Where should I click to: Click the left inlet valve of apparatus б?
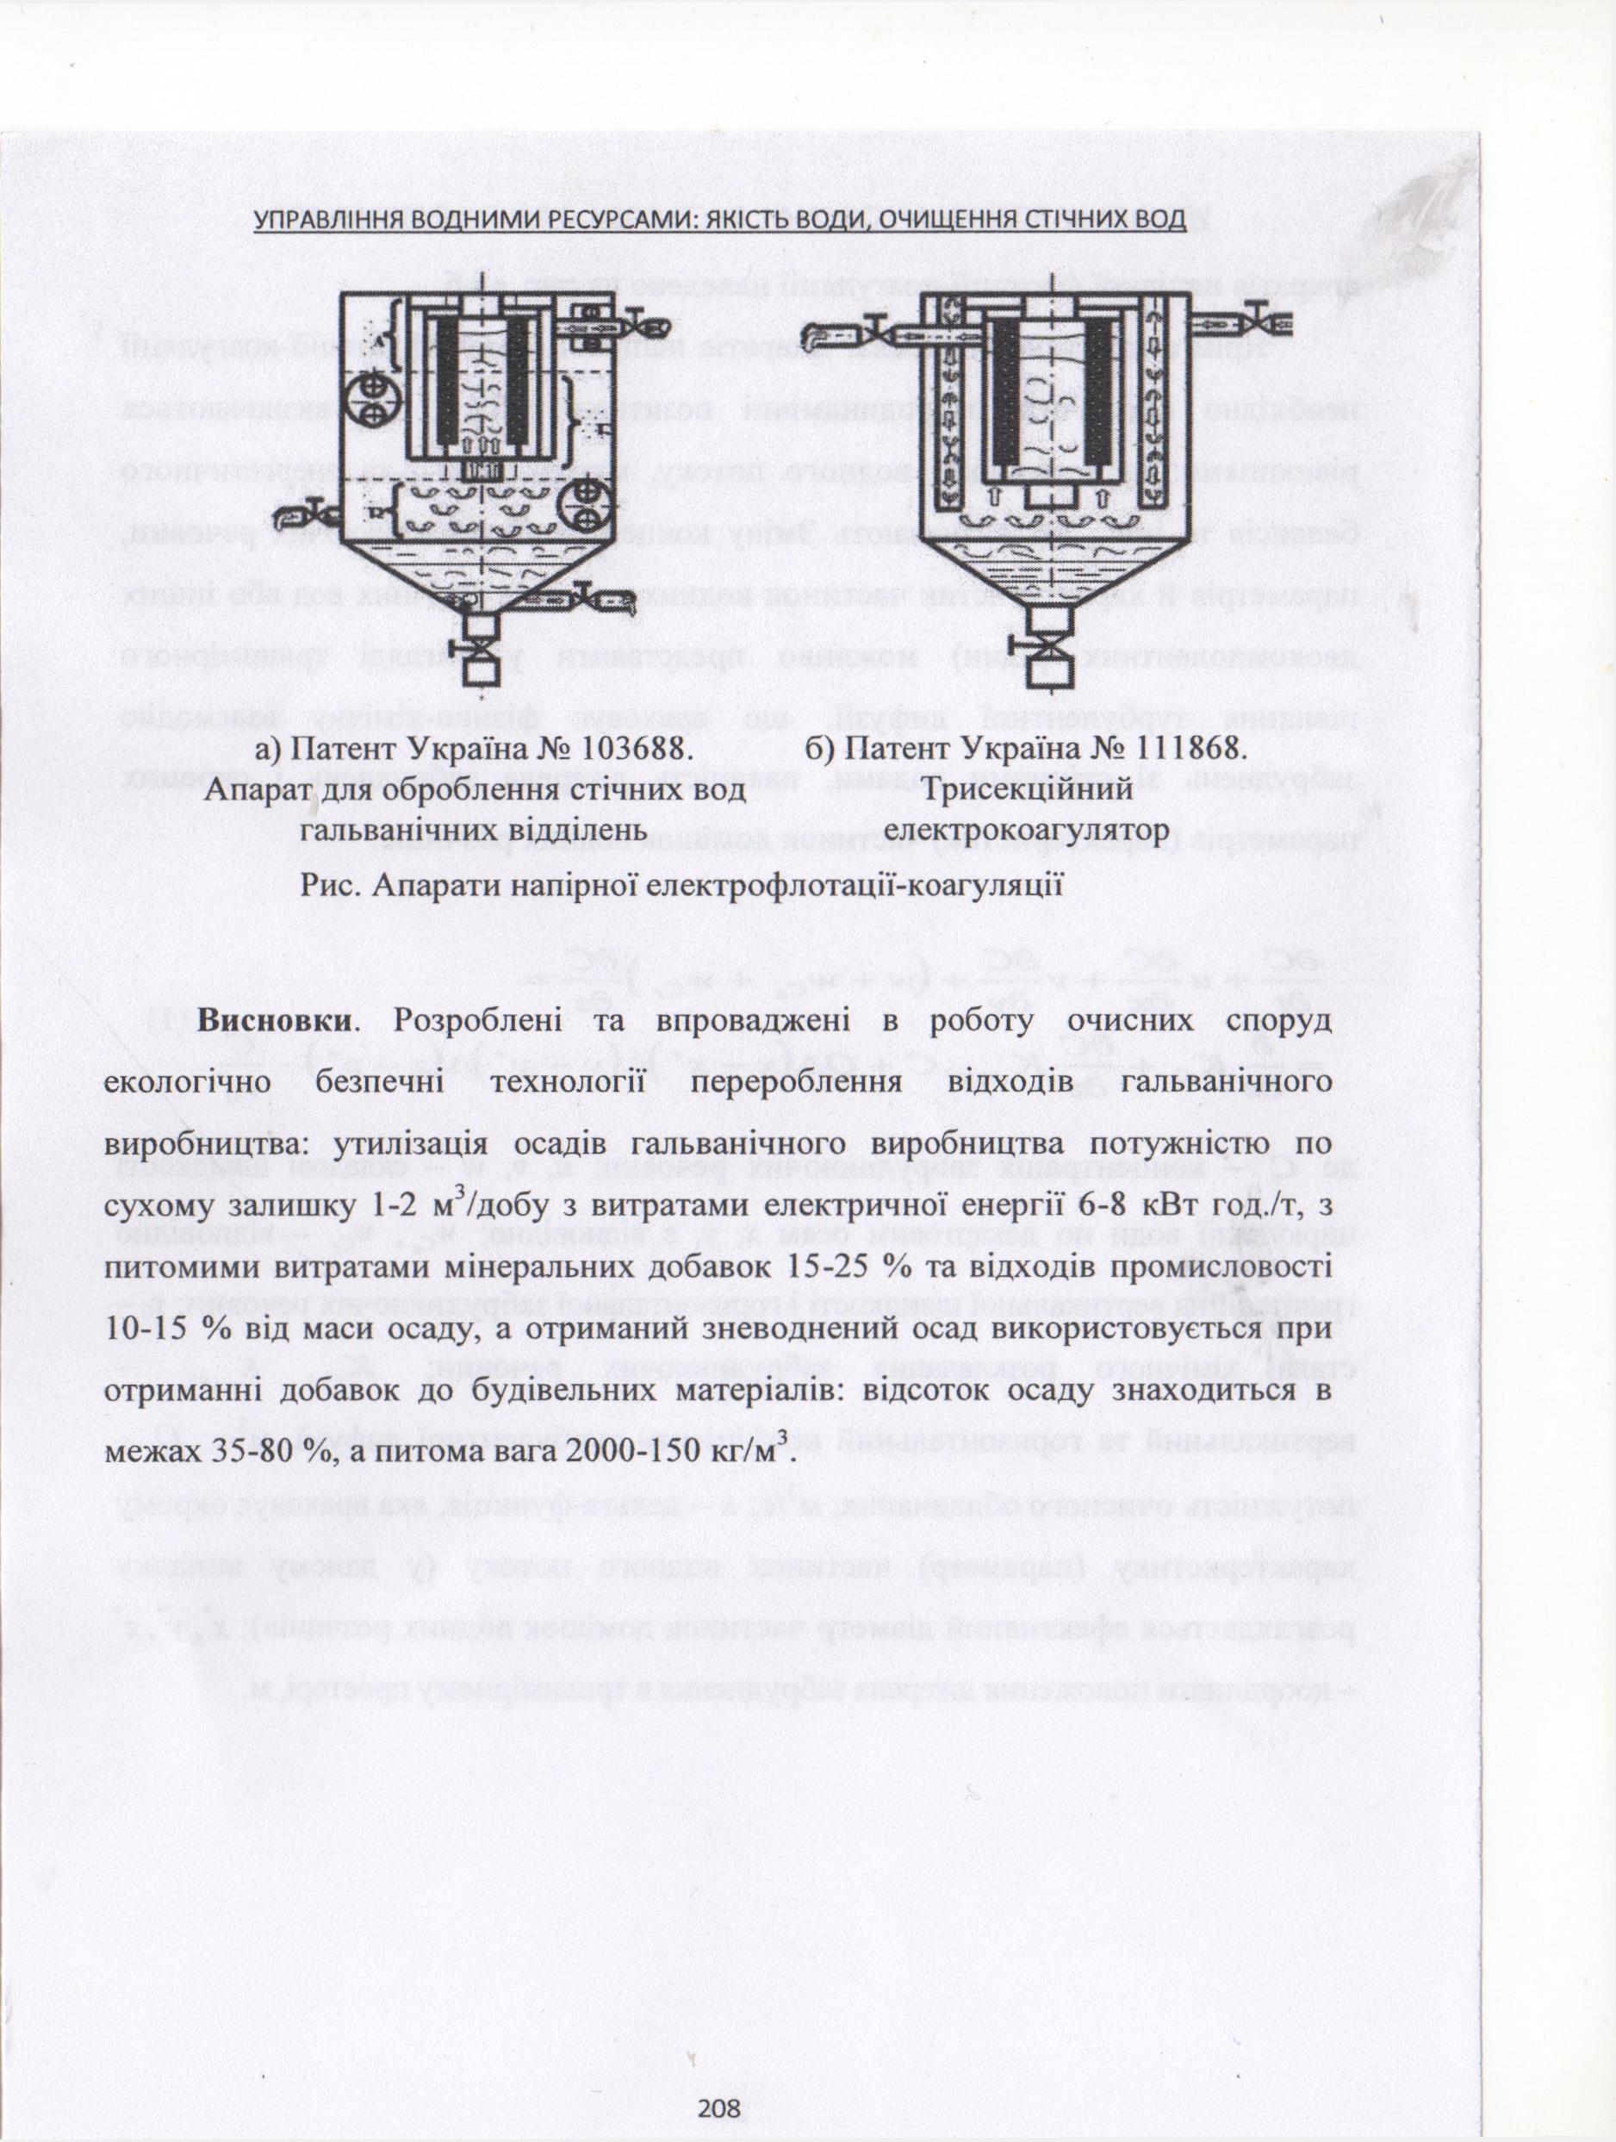click(x=877, y=327)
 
